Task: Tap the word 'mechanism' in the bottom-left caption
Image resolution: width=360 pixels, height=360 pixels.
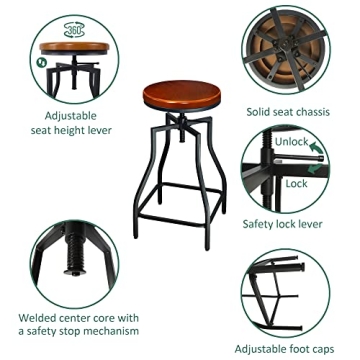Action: (107, 331)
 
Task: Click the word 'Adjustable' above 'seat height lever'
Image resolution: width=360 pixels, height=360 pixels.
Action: (78, 115)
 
